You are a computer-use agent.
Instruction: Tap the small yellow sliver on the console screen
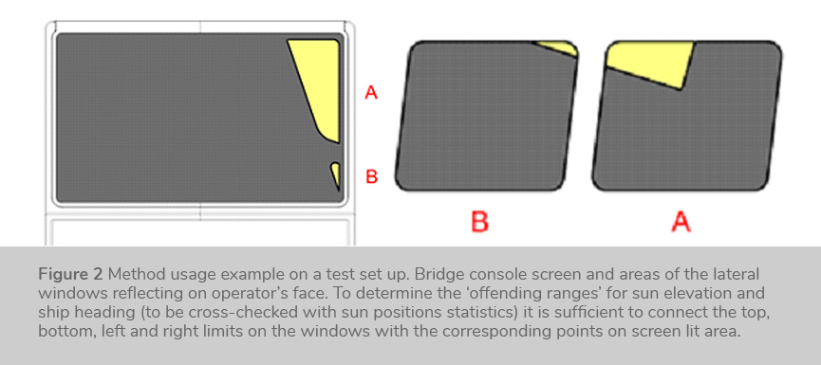[x=336, y=174]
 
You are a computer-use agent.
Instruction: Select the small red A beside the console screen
[x=371, y=94]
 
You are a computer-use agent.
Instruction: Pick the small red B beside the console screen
[x=371, y=177]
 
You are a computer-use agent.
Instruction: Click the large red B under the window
[x=479, y=222]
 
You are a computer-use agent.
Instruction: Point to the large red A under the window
[x=681, y=222]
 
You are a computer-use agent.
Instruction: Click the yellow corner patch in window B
[x=559, y=47]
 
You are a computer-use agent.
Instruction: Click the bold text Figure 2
[x=70, y=274]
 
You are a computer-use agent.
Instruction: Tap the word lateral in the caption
[x=740, y=274]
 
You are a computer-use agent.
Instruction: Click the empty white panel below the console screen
[x=199, y=231]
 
